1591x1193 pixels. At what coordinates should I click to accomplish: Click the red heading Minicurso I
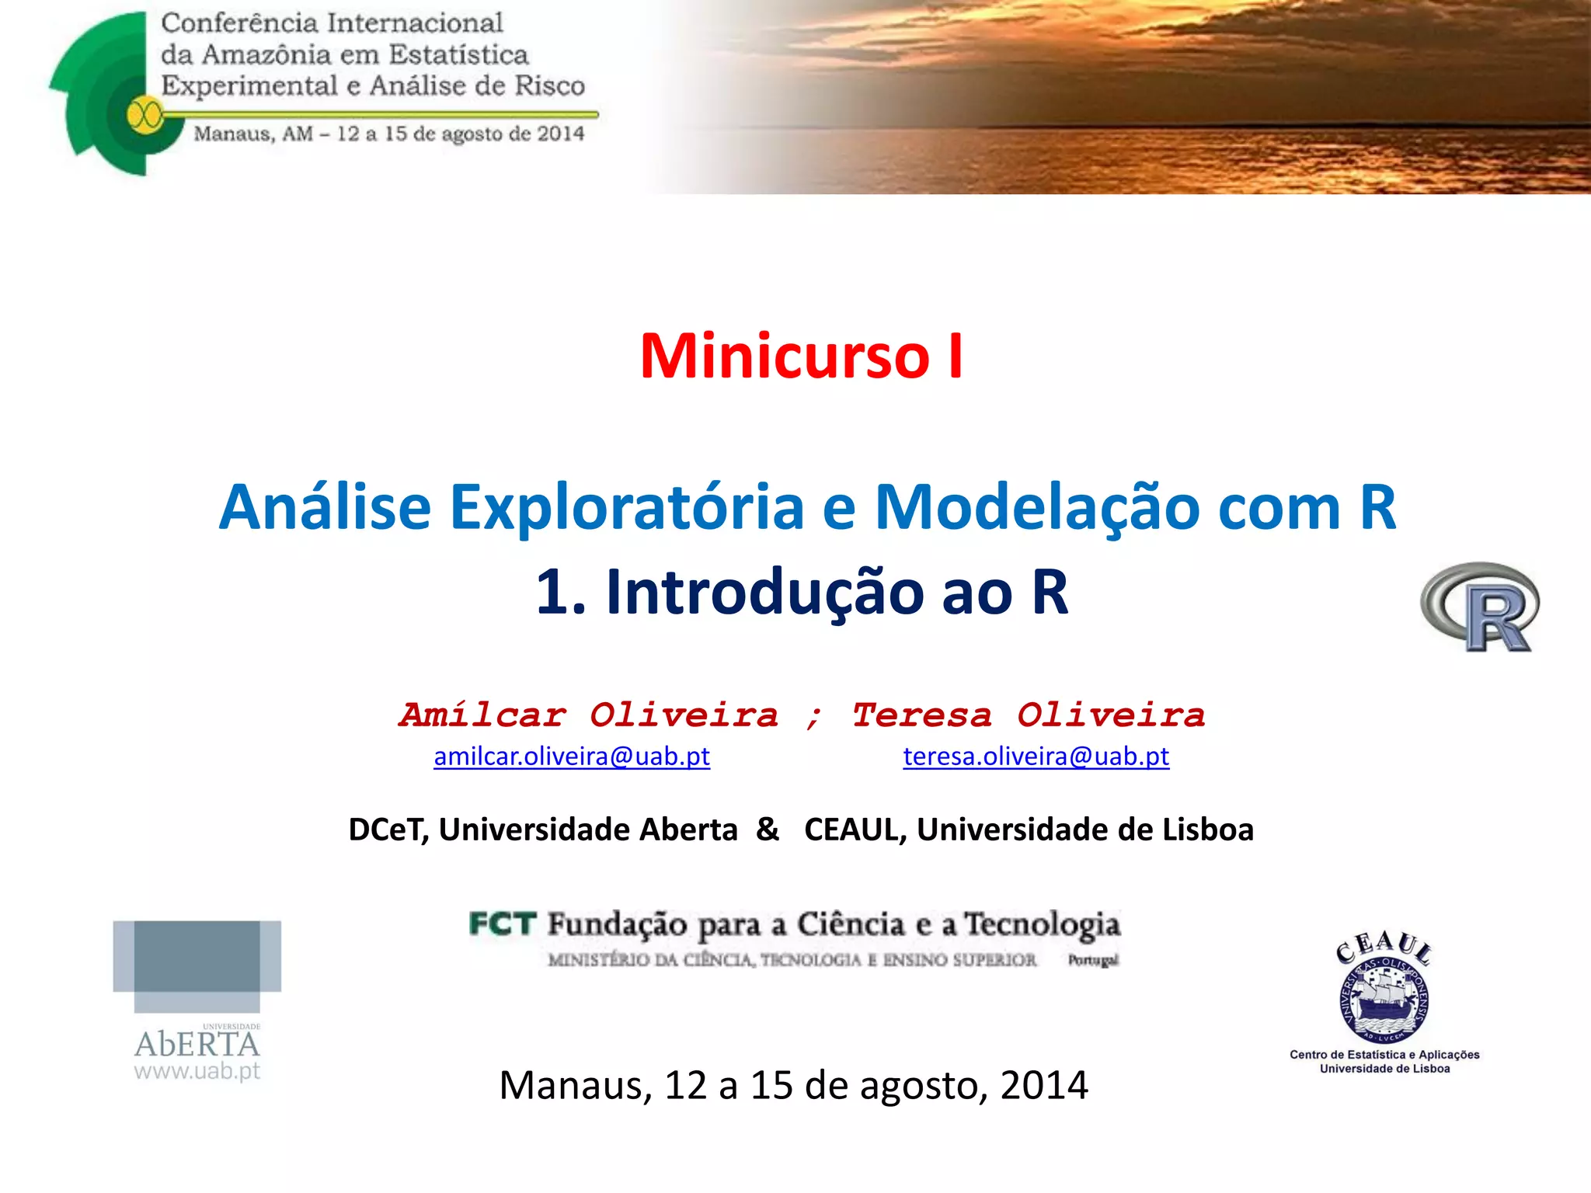point(801,357)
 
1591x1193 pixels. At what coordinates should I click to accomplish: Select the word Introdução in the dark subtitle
point(765,593)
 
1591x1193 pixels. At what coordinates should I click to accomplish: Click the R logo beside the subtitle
point(1481,607)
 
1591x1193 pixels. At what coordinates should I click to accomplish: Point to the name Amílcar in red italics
point(483,715)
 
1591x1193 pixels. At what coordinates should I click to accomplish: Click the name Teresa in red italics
point(922,715)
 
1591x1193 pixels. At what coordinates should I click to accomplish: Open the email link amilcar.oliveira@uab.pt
point(572,756)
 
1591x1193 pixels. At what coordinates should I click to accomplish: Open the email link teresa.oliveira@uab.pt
point(1036,756)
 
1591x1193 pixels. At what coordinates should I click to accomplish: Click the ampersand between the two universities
point(768,830)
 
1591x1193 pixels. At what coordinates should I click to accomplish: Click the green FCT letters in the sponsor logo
point(503,924)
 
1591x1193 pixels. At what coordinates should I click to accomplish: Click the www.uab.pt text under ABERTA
point(197,1071)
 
